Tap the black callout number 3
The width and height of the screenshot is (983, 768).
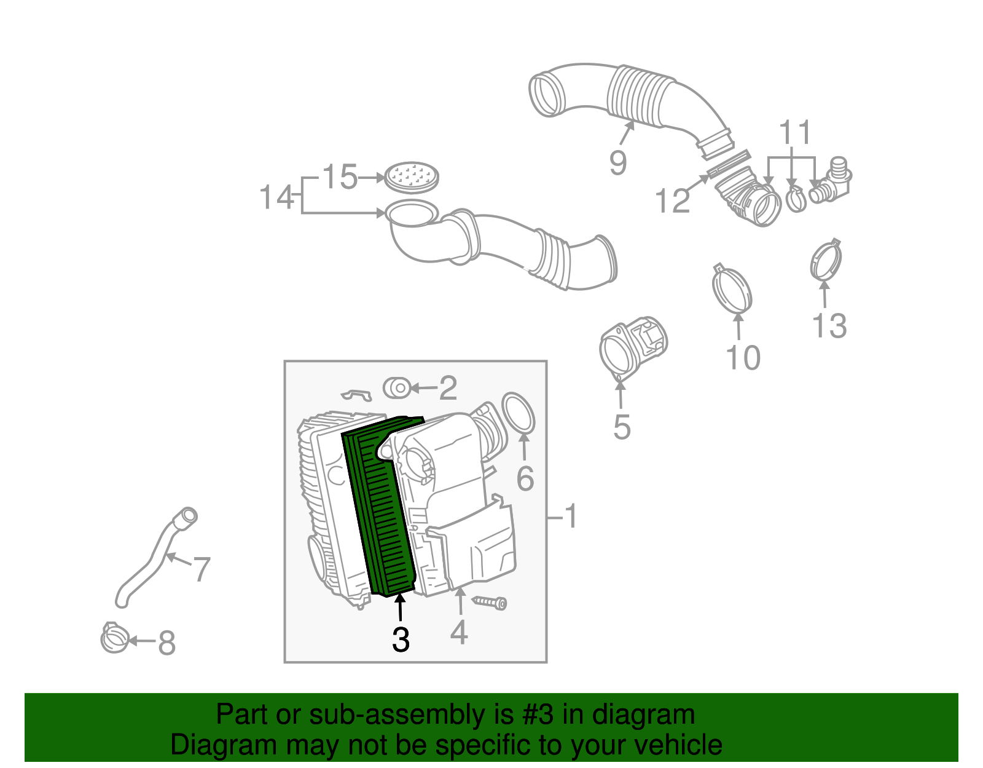point(401,640)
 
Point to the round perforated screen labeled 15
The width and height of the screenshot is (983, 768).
point(412,177)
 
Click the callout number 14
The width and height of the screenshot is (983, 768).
point(276,198)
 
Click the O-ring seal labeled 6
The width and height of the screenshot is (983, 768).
point(519,413)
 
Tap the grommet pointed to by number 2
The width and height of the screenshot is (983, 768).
point(397,388)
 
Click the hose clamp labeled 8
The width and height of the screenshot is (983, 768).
point(114,639)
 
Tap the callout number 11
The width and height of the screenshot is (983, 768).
point(795,132)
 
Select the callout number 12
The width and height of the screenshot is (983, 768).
point(673,201)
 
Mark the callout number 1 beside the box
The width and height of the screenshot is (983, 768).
point(571,516)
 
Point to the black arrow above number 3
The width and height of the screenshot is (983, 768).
point(400,609)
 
